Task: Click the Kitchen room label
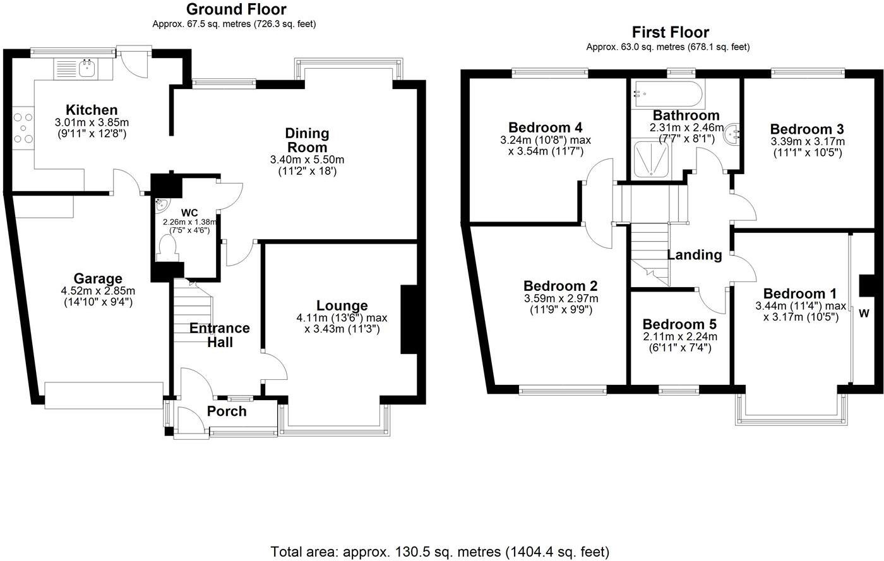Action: [92, 110]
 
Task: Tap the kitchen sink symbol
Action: [87, 67]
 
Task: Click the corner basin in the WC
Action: [161, 204]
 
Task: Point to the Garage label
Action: [98, 278]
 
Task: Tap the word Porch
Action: [227, 411]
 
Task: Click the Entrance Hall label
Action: [220, 335]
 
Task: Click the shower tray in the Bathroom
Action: [652, 160]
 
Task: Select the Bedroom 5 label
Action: [680, 324]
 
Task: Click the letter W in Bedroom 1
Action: [863, 314]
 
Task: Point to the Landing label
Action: [695, 255]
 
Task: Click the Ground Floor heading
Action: [236, 9]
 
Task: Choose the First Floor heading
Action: [670, 32]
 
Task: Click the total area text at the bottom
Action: [440, 552]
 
